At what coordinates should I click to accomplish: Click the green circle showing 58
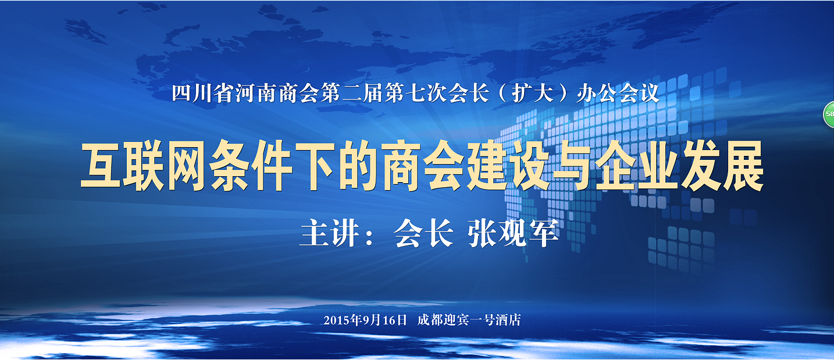click(829, 115)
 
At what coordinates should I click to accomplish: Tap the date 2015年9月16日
click(365, 320)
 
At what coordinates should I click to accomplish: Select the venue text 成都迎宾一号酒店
click(469, 320)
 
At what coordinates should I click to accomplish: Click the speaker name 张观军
click(513, 233)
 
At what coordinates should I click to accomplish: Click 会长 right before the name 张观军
click(424, 233)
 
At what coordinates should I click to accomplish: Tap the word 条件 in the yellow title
click(251, 165)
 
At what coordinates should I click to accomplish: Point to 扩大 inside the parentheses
click(532, 93)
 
